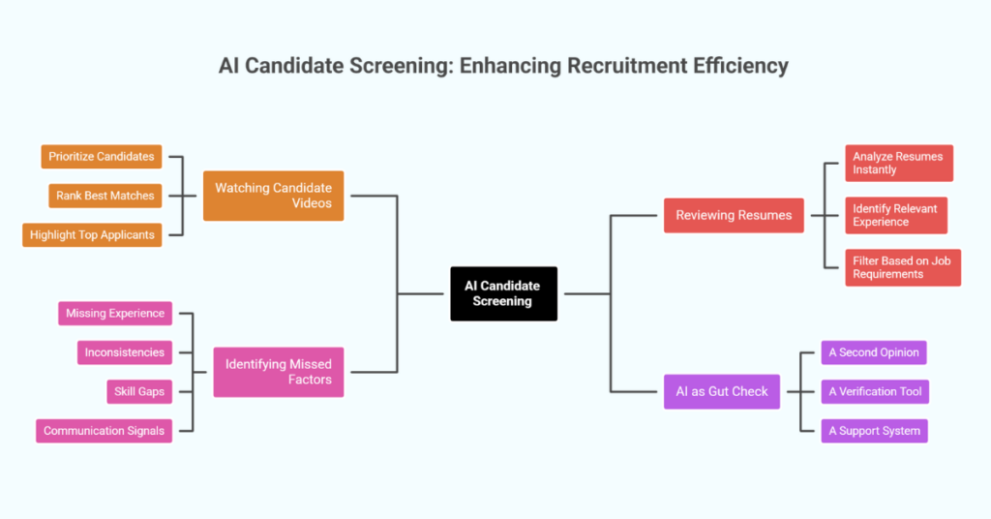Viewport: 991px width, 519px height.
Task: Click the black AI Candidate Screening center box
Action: point(503,293)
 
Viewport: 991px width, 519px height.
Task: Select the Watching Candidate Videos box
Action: point(273,196)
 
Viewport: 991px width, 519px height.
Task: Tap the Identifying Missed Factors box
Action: point(279,372)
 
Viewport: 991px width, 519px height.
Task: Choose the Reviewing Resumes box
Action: point(734,215)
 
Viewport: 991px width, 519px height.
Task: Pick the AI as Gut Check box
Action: point(722,391)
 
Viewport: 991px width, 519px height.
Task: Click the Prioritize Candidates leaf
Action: point(102,156)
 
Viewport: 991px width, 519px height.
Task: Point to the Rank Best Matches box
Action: point(105,196)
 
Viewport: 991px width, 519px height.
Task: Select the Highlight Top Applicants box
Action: point(92,234)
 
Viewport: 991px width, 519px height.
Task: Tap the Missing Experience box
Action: point(115,314)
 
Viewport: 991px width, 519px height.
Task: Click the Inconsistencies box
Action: point(125,352)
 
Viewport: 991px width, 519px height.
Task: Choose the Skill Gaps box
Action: point(138,391)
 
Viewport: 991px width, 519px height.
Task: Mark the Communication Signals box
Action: point(105,431)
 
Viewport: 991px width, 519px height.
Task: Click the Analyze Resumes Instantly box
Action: point(898,163)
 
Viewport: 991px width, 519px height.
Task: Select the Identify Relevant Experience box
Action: point(895,215)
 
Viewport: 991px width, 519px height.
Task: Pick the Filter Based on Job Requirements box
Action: point(902,267)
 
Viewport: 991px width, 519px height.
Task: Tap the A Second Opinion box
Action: point(874,352)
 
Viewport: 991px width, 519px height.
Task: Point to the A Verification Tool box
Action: point(874,391)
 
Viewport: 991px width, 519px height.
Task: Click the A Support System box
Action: point(874,431)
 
